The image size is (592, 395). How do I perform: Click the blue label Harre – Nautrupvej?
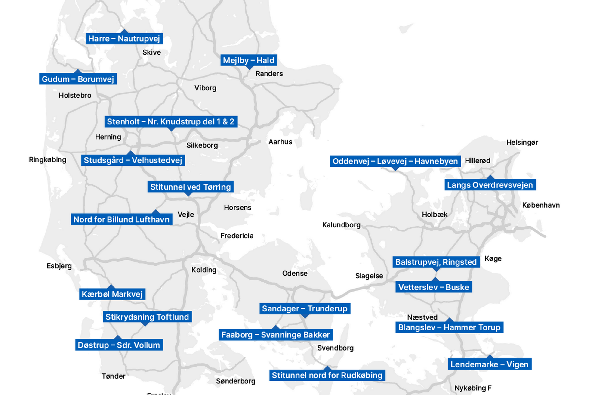click(124, 39)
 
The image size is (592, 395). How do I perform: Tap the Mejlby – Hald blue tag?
click(249, 60)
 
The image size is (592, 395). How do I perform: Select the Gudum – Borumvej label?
click(78, 79)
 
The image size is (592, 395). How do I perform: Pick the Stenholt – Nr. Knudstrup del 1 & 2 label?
click(171, 122)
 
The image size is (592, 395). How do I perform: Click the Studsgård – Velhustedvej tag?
click(133, 160)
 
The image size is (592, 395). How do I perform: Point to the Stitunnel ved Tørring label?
click(191, 187)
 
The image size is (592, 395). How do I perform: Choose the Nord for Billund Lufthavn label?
click(122, 219)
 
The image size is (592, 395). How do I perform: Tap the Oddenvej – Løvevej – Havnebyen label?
click(395, 161)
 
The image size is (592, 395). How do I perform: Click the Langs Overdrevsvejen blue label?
click(490, 185)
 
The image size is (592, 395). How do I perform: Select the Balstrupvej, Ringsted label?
click(436, 262)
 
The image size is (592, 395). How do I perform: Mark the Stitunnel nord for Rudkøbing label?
click(327, 375)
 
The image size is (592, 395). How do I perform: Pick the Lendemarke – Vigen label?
click(490, 364)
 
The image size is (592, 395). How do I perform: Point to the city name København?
click(541, 205)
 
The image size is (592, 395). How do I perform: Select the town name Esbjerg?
click(59, 266)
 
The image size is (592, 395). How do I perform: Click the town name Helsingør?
click(522, 143)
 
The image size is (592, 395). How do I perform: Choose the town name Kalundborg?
click(341, 225)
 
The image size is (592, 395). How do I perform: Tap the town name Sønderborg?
click(236, 381)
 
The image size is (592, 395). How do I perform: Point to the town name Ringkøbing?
click(48, 160)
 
